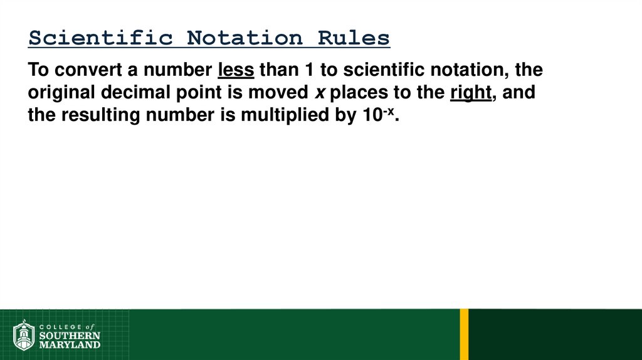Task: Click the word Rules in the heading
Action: tap(354, 38)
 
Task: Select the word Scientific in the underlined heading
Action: tap(100, 38)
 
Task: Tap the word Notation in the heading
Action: tap(245, 38)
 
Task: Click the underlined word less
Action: tap(236, 69)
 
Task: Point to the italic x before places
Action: tap(319, 93)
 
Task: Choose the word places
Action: tap(359, 93)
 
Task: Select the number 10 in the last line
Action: tap(368, 116)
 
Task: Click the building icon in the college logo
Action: tap(24, 335)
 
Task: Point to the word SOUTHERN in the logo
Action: tap(69, 336)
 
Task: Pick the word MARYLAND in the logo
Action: tap(69, 344)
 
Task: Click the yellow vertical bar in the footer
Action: tap(464, 334)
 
